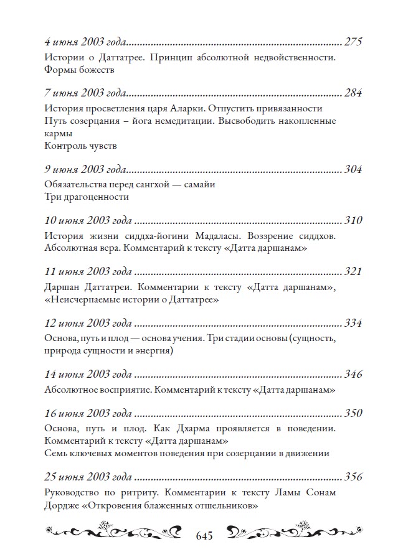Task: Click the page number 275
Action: pyautogui.click(x=353, y=43)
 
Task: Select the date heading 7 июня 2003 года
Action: pyautogui.click(x=86, y=94)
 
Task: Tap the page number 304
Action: pyautogui.click(x=353, y=170)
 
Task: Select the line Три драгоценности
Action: pyautogui.click(x=87, y=197)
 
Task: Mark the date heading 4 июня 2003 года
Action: pyautogui.click(x=86, y=43)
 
